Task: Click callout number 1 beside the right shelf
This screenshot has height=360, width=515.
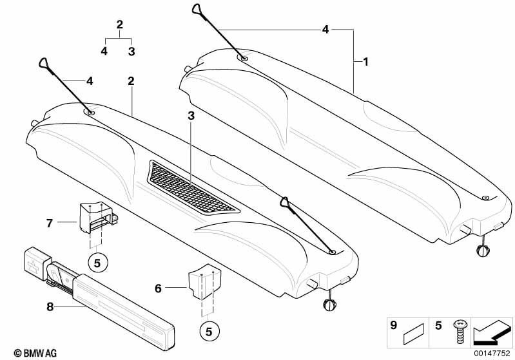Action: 365,62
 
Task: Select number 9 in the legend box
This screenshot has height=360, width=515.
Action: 393,327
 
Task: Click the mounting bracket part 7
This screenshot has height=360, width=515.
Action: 95,217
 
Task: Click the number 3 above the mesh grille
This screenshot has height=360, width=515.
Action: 191,116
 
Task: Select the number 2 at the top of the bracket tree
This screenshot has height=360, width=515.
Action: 119,25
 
